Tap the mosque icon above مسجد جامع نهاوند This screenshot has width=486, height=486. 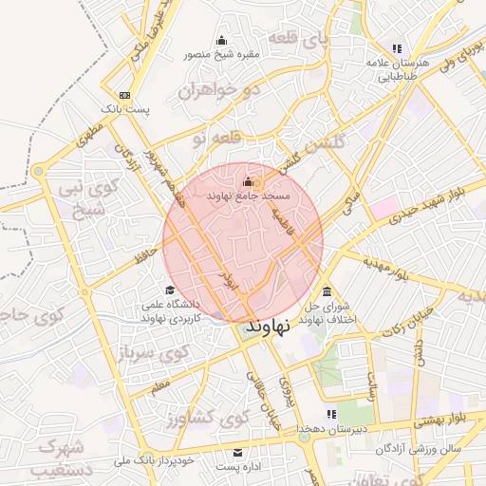point(248,180)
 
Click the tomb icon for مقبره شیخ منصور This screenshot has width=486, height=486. point(222,40)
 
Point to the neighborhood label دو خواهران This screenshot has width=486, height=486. point(224,92)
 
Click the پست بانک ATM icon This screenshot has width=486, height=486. point(125,96)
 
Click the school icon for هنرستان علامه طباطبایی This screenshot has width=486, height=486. point(396,47)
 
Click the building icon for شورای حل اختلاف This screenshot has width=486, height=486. point(327,291)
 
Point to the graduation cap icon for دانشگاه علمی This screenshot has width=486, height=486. point(169,290)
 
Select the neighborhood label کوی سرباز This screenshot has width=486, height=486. point(151,355)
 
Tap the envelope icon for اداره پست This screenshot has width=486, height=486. point(237,452)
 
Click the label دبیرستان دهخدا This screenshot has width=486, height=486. point(328,430)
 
